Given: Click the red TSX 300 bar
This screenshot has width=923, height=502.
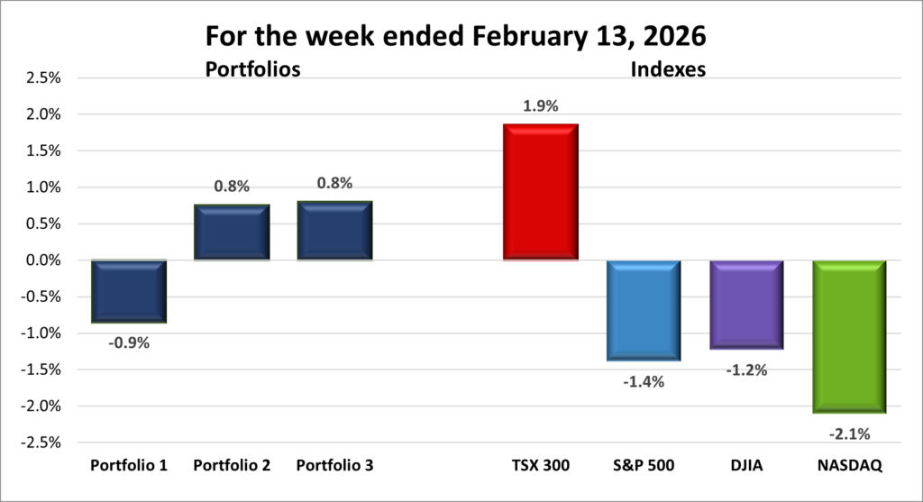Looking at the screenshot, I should coord(541,192).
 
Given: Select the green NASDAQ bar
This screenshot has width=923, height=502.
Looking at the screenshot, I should coord(850,336).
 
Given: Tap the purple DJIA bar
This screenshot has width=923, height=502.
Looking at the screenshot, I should coord(746,305).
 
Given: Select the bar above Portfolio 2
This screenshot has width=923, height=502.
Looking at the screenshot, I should coord(233,233).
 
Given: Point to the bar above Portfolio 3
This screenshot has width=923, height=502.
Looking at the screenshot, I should coord(334,231).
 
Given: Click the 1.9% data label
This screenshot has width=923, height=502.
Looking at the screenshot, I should coord(541,106).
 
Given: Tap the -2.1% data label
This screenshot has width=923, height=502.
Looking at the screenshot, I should coord(850,434).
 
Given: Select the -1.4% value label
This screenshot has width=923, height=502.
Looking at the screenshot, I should coord(644,381).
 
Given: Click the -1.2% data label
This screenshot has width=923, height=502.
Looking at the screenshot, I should coord(746,370).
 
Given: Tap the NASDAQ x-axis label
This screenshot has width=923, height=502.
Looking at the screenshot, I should coord(850,466).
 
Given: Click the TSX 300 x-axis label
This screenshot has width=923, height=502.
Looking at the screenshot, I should coord(541,466).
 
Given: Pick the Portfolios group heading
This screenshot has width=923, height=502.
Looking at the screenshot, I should coord(252,68).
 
